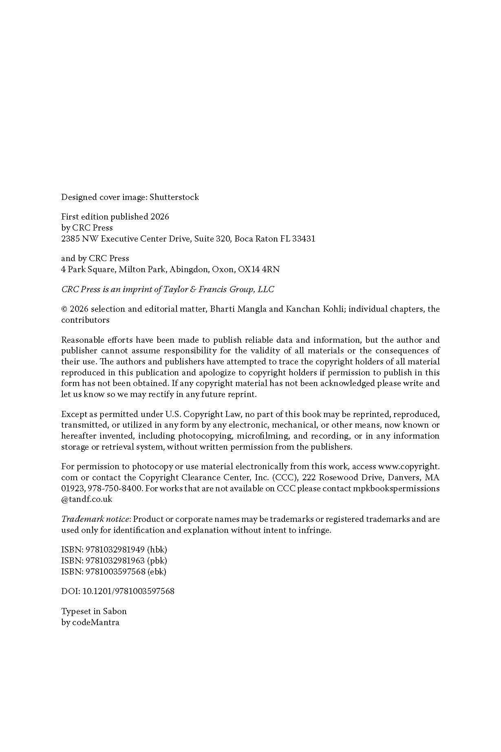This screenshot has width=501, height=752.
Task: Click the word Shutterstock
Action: [x=174, y=197]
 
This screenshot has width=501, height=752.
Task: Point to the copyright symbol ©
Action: [x=64, y=309]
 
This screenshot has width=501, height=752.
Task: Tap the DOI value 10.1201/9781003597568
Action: [x=128, y=591]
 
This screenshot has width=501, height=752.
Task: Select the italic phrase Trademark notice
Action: [x=95, y=519]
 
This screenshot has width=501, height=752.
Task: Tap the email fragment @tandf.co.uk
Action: [x=86, y=499]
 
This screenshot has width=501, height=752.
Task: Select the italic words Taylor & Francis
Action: [x=195, y=289]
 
